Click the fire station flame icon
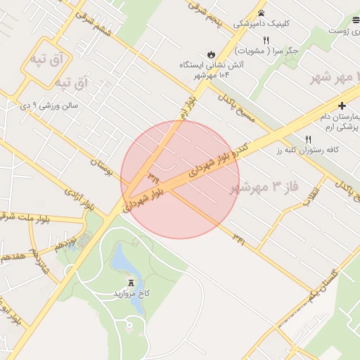210,54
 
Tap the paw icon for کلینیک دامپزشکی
262,13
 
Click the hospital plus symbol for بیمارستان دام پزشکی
342,105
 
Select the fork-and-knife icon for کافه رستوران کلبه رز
308,139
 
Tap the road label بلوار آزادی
79,198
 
